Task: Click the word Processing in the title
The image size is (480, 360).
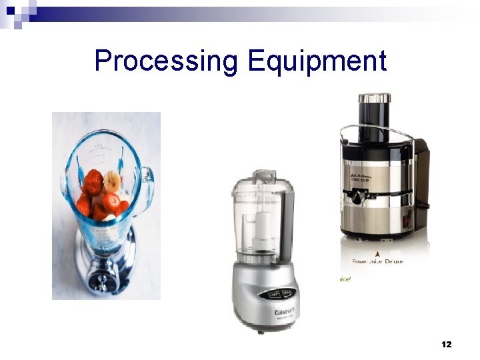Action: pos(165,61)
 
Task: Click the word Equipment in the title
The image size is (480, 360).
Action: pos(317,61)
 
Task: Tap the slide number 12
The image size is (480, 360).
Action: pos(447,344)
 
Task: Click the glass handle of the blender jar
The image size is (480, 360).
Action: pos(146,180)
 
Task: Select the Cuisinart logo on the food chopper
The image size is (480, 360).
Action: pos(286,311)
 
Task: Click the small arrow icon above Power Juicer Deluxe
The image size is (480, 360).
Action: pos(378,253)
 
